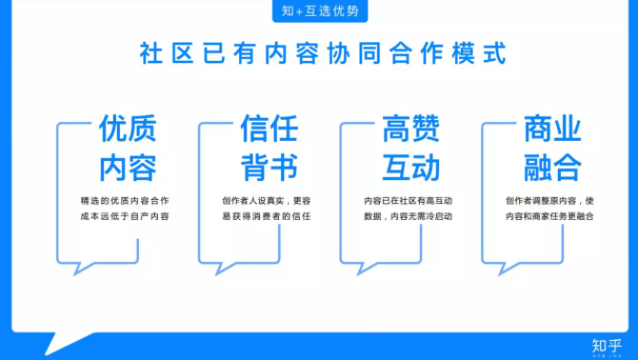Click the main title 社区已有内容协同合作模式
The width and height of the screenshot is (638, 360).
tap(320, 52)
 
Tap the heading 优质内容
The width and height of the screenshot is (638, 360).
tap(128, 149)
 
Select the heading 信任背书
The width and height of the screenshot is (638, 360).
tap(269, 149)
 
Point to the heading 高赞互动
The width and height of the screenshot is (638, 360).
tap(410, 149)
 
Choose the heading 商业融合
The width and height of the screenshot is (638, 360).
tap(552, 149)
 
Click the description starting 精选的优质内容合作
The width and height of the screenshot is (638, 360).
tap(126, 209)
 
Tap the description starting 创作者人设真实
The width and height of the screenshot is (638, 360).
tap(268, 209)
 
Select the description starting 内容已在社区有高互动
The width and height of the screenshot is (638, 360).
tap(409, 209)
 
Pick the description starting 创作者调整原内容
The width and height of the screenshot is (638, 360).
tap(551, 209)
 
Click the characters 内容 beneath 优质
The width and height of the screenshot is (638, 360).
tap(128, 168)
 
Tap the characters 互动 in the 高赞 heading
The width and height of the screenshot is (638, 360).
tap(410, 168)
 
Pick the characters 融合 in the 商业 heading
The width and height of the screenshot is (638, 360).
tap(552, 168)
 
